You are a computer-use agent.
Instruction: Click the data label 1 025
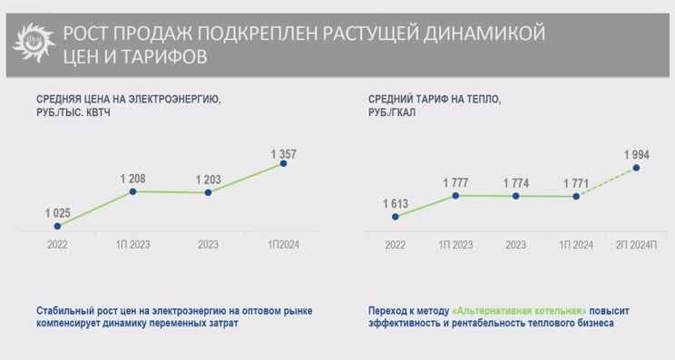pos(58,212)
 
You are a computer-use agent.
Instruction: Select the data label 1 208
pos(132,177)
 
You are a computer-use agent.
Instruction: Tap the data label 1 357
pos(284,150)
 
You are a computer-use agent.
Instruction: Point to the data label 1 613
pos(395,202)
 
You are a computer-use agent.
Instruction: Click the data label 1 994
pos(636,153)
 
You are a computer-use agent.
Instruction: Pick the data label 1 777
pos(455,181)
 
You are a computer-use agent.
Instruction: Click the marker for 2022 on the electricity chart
pos(57,226)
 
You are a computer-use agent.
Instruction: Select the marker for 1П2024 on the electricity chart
pos(284,163)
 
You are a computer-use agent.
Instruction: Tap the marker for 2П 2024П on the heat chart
pos(636,167)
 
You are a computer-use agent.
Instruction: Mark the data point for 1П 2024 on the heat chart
pos(576,196)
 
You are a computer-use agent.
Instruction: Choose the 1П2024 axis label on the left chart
pos(283,244)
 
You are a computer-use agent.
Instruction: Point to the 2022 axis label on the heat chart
pos(395,244)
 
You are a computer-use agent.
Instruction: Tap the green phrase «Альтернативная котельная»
pos(506,310)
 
